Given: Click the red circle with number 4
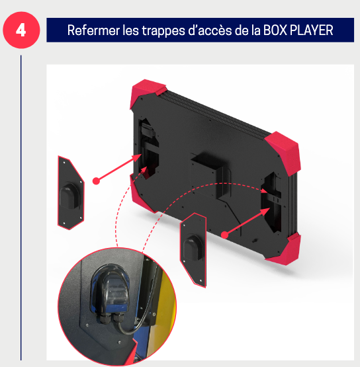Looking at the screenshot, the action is coord(21,30).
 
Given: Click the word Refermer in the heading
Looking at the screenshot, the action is coord(93,30).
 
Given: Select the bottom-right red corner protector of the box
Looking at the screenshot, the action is coord(285,251).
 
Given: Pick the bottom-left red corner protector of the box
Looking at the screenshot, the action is coord(140,194).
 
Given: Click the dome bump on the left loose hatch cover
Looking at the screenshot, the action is coord(69,196).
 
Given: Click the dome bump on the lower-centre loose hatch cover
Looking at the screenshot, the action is coord(193,248).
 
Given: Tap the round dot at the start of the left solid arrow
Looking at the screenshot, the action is coord(96,181).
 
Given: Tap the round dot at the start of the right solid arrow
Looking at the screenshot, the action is coord(224,235).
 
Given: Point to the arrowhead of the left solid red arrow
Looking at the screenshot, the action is coord(137,158).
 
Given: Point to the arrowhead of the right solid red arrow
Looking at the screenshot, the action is coord(265,212).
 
